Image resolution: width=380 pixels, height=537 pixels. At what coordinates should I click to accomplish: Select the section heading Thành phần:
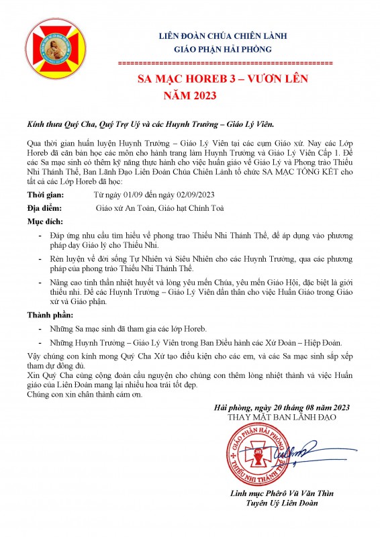point(49,315)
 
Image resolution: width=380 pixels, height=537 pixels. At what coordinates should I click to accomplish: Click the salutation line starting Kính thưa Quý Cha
point(150,125)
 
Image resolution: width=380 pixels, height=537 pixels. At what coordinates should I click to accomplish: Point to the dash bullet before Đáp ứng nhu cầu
point(42,237)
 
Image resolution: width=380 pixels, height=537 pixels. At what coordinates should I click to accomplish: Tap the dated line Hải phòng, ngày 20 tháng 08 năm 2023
point(281,407)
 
